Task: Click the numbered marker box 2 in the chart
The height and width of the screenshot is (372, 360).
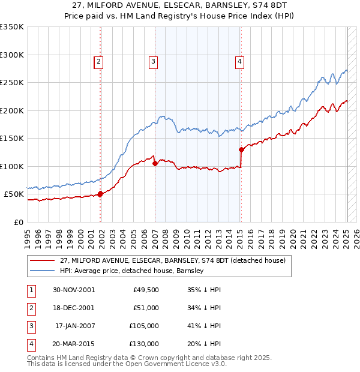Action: coord(98,61)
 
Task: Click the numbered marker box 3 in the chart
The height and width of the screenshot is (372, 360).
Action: coord(154,61)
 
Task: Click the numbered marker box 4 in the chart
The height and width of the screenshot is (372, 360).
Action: coord(239,61)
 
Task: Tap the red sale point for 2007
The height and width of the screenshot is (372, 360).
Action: coord(155,163)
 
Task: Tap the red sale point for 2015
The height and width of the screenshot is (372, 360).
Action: coord(241,149)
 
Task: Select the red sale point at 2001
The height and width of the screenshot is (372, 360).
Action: coord(100,193)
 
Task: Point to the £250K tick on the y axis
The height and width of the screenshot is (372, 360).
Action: coord(12,83)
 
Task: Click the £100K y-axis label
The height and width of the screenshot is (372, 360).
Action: coord(12,166)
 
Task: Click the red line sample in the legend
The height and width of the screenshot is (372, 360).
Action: coord(42,260)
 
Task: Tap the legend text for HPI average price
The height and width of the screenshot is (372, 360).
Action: coord(132,271)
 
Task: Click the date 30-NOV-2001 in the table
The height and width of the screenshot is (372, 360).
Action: coord(74,290)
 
